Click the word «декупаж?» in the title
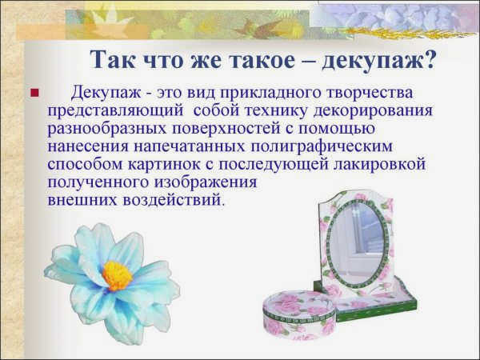click(378, 60)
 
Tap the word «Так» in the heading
click(113, 59)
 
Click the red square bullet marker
click(35, 93)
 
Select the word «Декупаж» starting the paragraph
click(106, 93)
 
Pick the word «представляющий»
click(115, 111)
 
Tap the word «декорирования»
click(373, 111)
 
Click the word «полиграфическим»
click(322, 147)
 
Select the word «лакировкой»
click(379, 165)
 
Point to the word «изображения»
click(205, 182)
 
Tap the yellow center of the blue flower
click(117, 275)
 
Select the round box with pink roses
click(300, 315)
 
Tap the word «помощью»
click(337, 129)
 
